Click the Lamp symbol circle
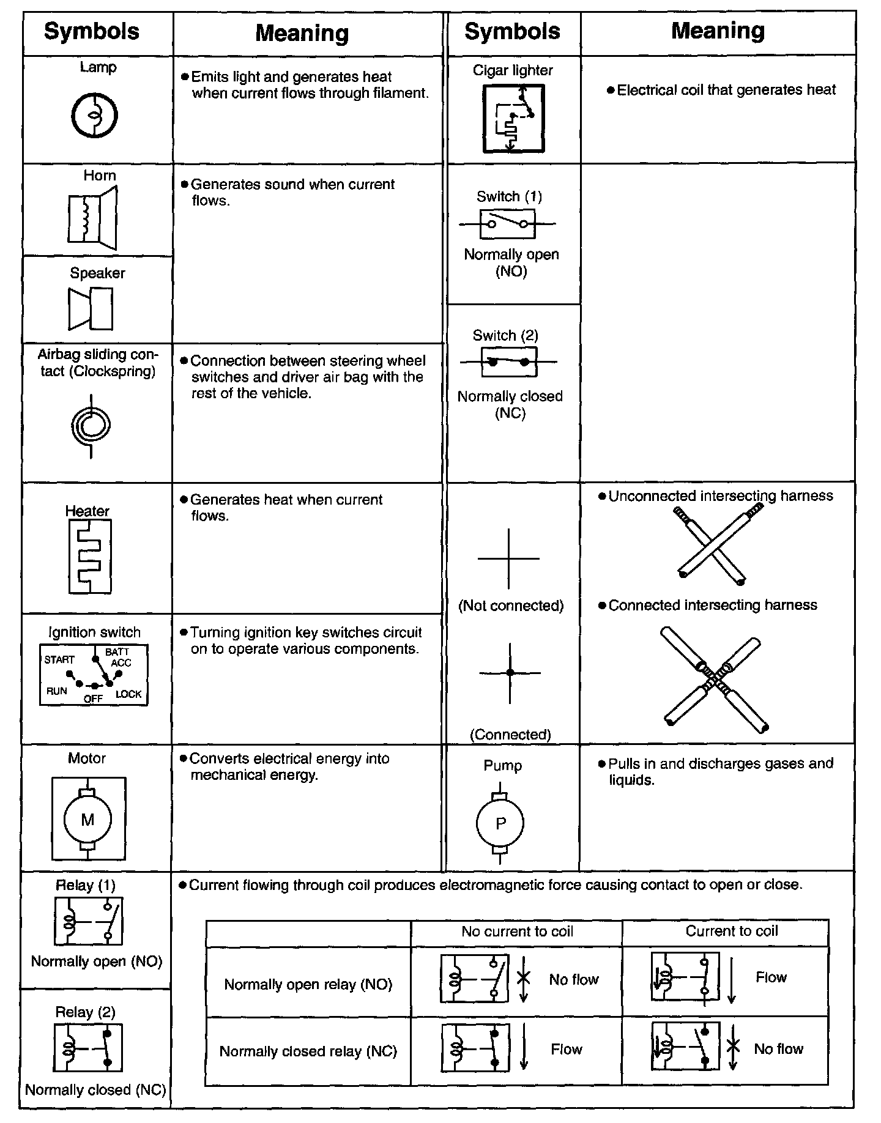point(94,116)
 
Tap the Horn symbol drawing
point(92,218)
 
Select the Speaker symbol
point(91,309)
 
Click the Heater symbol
point(90,556)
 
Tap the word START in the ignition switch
point(59,659)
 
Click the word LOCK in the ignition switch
point(128,694)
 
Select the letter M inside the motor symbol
point(88,820)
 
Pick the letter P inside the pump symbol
point(500,823)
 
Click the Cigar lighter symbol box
point(513,118)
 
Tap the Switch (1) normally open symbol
point(508,224)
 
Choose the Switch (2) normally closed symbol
point(509,362)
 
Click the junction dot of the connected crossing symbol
point(510,672)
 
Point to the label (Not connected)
point(511,606)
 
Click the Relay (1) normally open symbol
point(89,921)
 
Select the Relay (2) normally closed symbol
point(88,1048)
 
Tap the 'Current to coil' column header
point(731,931)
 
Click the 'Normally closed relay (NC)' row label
point(308,1051)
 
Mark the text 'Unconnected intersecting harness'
point(720,495)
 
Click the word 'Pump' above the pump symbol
point(503,765)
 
